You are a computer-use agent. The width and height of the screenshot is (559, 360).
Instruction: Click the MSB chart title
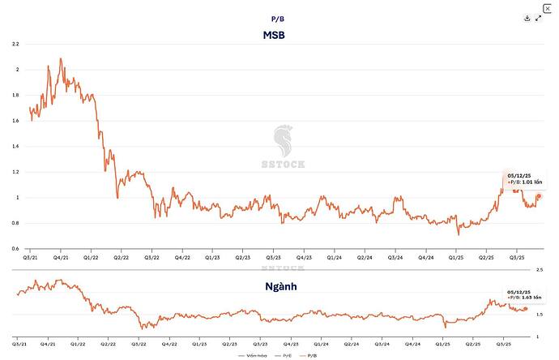tap(273, 36)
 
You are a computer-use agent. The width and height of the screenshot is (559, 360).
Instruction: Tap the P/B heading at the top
tap(277, 17)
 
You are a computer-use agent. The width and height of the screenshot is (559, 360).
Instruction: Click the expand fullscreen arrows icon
tap(539, 18)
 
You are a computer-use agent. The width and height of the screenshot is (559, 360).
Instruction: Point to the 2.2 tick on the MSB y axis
tap(15, 44)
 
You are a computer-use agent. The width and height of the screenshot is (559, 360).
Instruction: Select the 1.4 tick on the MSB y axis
tap(15, 146)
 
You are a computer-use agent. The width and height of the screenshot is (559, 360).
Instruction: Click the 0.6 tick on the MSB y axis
tap(15, 248)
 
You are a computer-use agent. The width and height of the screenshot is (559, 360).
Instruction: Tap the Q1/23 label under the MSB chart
tap(212, 257)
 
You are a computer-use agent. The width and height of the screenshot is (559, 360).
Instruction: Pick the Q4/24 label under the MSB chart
tap(425, 257)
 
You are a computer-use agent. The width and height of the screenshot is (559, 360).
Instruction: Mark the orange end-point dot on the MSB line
tap(540, 196)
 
